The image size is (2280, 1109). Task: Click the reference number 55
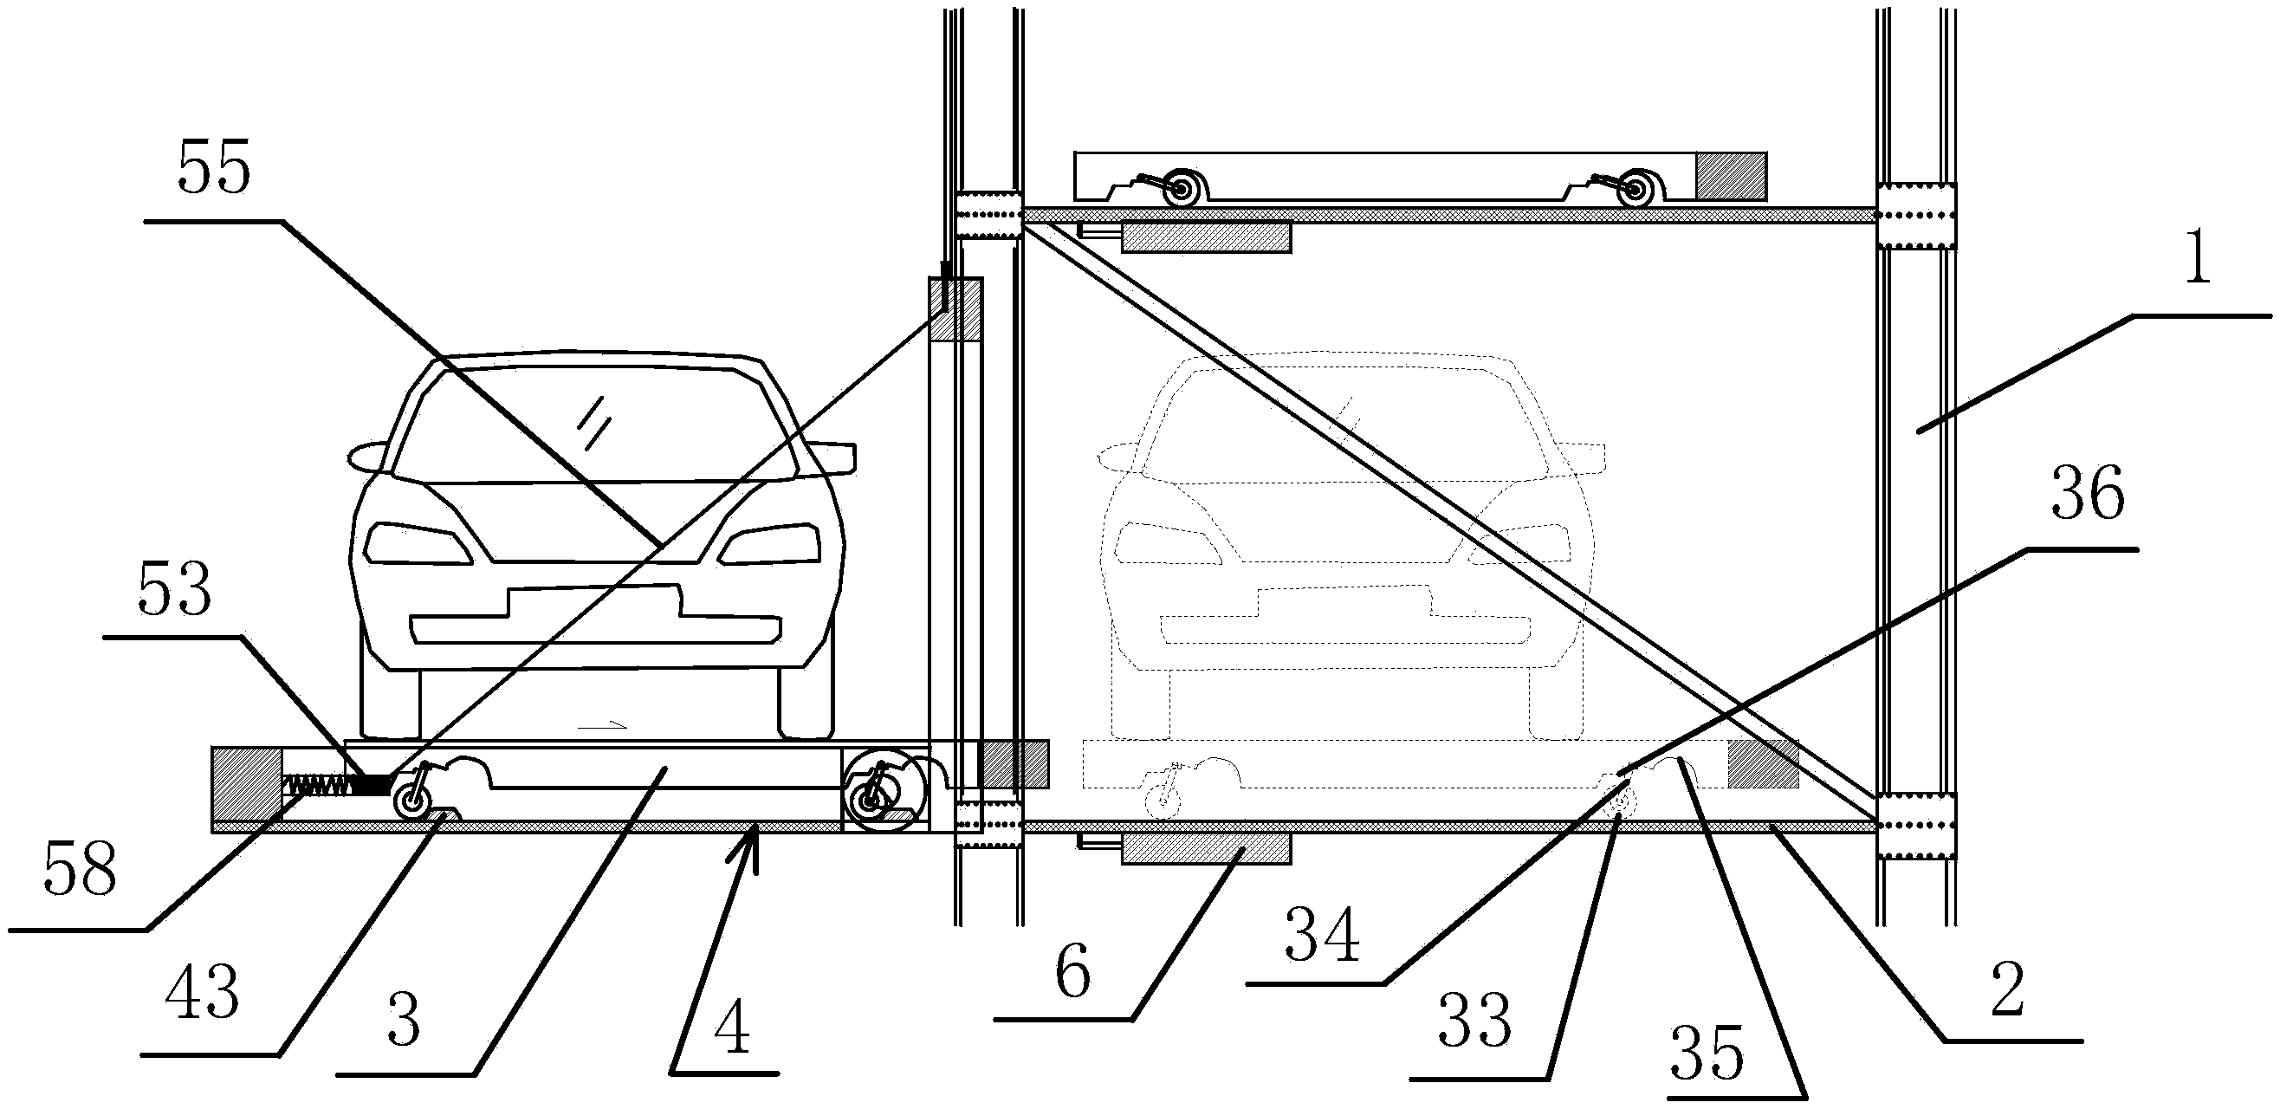[214, 167]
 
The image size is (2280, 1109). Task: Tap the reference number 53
[174, 589]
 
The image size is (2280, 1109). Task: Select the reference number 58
[79, 870]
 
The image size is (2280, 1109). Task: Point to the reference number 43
[202, 993]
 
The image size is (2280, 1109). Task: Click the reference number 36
[2088, 494]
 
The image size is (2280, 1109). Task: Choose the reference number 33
[1474, 1020]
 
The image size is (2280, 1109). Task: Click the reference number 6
[1072, 974]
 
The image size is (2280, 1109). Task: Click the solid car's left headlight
[420, 542]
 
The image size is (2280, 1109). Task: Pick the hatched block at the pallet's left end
[247, 784]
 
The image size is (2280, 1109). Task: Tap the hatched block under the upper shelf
[1206, 237]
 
